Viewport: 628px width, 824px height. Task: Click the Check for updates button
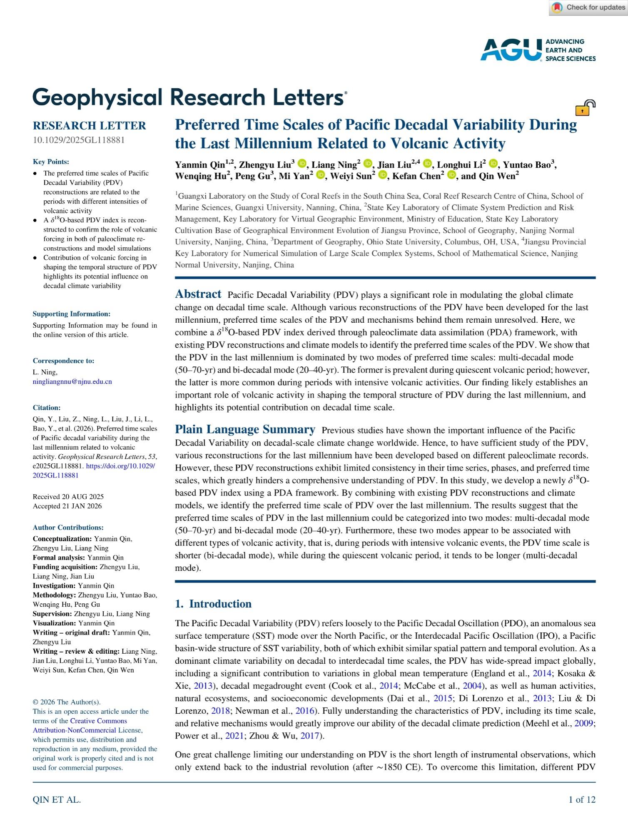point(588,7)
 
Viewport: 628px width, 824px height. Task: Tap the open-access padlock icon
point(585,108)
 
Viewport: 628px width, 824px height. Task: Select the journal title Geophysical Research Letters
point(189,97)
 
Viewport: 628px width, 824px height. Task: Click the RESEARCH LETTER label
point(90,126)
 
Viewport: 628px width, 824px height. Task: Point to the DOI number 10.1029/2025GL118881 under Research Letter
point(79,140)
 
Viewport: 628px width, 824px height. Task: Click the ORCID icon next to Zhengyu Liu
point(302,164)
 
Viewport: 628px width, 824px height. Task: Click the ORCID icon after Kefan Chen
point(451,175)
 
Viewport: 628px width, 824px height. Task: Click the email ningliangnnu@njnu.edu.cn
point(72,381)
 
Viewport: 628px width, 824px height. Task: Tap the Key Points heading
point(51,162)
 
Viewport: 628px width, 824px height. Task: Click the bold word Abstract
point(198,294)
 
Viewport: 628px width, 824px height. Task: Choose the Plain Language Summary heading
point(245,429)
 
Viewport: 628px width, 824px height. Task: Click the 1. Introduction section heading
point(213,604)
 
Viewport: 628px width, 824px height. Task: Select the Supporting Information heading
point(72,314)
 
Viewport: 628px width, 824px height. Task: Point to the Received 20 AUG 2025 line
point(68,497)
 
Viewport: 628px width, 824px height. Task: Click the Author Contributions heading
point(68,528)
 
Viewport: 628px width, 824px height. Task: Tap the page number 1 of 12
point(582,799)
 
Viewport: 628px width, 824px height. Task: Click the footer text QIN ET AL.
point(57,799)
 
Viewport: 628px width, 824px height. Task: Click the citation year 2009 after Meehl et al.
point(583,723)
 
